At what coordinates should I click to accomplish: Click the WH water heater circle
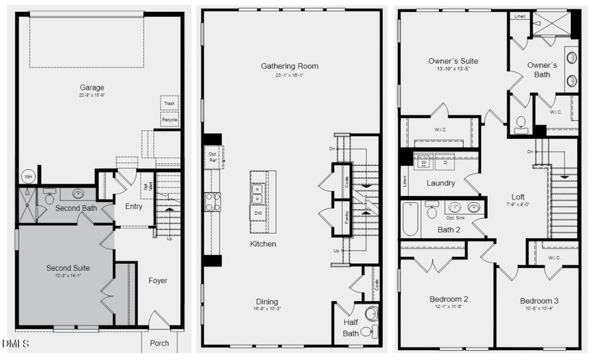coord(28,177)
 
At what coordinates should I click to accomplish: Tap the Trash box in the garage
coord(169,103)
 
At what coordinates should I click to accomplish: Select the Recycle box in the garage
coord(169,120)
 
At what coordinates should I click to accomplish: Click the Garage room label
coord(92,87)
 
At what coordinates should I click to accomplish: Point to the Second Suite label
coord(68,268)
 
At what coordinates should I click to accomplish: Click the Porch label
coord(159,343)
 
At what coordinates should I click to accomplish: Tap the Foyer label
coord(158,280)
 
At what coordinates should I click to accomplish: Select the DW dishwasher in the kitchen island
coord(257,213)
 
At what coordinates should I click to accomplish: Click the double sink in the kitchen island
coord(257,194)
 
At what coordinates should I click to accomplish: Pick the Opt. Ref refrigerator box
coord(213,157)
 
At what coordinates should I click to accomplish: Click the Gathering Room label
coord(289,66)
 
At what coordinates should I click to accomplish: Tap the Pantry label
coord(347,217)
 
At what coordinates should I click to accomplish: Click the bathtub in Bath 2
coord(410,219)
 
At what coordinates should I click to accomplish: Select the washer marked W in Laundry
coord(424,162)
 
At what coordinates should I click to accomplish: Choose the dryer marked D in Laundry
coord(445,162)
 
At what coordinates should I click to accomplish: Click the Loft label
coord(518,196)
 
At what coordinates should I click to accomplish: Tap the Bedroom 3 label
coord(539,301)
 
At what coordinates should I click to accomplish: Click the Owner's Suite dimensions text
coord(453,69)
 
